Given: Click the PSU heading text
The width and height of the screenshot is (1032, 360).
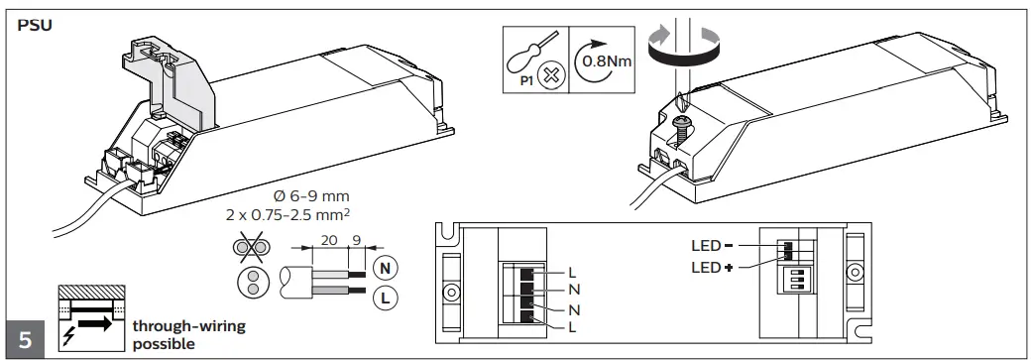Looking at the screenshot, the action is pyautogui.click(x=35, y=27).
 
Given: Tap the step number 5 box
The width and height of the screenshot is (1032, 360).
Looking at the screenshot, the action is pyautogui.click(x=25, y=339).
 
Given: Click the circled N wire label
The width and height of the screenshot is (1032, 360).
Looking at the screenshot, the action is pyautogui.click(x=385, y=269).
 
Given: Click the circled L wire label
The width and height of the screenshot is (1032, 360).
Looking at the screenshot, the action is pyautogui.click(x=385, y=299).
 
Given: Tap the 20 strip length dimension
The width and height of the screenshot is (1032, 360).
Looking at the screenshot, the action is pyautogui.click(x=329, y=240).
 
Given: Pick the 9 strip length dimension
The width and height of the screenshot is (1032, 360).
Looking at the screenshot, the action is pyautogui.click(x=357, y=240).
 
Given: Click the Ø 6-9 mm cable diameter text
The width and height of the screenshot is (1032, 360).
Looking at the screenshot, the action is pyautogui.click(x=310, y=196).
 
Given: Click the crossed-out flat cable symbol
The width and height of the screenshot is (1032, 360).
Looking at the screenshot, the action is pyautogui.click(x=252, y=248).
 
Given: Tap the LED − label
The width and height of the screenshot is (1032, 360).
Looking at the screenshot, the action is pyautogui.click(x=712, y=246).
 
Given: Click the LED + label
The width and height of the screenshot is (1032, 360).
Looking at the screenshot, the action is pyautogui.click(x=712, y=268).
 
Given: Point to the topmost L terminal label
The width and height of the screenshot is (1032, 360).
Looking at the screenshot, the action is pyautogui.click(x=572, y=271).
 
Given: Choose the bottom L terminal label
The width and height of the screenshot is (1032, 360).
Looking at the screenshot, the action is pyautogui.click(x=572, y=327).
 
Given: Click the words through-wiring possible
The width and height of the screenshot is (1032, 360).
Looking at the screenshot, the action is pyautogui.click(x=189, y=335).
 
